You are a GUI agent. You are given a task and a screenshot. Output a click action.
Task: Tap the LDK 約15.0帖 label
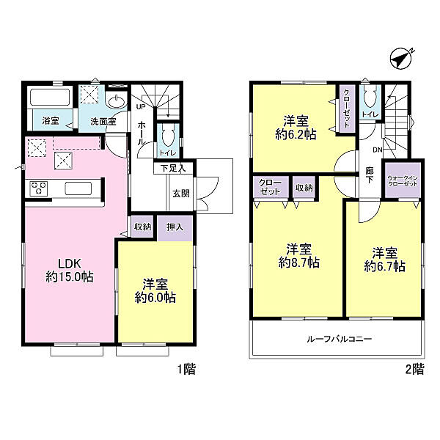click(70, 271)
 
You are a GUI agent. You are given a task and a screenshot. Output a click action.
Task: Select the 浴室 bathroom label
click(51, 121)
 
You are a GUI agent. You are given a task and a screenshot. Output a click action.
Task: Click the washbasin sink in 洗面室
click(117, 101)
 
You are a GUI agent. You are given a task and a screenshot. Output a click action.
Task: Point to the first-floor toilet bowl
click(169, 136)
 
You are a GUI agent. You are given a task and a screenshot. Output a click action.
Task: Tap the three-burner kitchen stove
click(38, 188)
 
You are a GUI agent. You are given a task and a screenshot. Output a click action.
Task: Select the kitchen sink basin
click(78, 188)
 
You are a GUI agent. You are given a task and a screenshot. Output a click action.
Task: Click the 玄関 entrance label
click(181, 194)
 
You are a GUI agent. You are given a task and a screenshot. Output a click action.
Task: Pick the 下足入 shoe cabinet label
click(173, 169)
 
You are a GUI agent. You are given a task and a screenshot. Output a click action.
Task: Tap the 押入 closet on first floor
click(175, 227)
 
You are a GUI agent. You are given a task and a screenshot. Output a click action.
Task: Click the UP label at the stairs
click(141, 106)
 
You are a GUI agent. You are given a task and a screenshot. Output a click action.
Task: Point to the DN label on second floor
click(378, 150)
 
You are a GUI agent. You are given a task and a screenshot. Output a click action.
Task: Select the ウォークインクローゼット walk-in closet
click(403, 180)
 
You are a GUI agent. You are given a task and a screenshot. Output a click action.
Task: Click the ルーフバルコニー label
click(340, 339)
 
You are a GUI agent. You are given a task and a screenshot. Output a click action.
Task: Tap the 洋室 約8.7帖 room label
click(299, 256)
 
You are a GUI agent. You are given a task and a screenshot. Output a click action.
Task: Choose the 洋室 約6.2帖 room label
click(296, 128)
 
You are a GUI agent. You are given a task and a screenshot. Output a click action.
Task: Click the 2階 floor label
click(415, 369)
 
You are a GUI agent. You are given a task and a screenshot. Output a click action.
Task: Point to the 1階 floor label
click(186, 369)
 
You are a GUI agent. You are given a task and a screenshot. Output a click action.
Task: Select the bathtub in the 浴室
click(50, 98)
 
